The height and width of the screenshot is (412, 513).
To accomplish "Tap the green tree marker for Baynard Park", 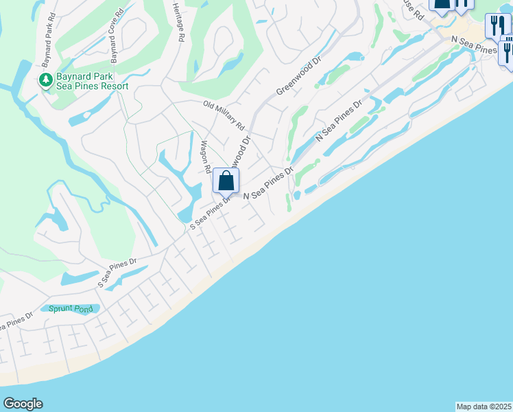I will click(x=46, y=80).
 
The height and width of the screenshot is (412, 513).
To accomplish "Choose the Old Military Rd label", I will click(x=224, y=115).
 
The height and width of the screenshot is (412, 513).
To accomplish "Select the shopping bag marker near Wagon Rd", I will click(x=226, y=181).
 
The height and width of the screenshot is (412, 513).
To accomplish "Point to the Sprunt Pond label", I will click(x=69, y=309).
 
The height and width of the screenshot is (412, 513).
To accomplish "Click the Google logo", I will click(x=23, y=404).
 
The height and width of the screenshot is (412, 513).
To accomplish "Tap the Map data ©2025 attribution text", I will click(x=484, y=407).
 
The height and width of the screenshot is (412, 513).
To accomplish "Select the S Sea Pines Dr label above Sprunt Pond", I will click(x=117, y=273).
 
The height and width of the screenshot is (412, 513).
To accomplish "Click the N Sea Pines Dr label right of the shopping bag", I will click(x=269, y=184).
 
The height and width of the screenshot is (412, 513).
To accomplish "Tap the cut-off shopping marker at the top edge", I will click(x=441, y=5).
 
